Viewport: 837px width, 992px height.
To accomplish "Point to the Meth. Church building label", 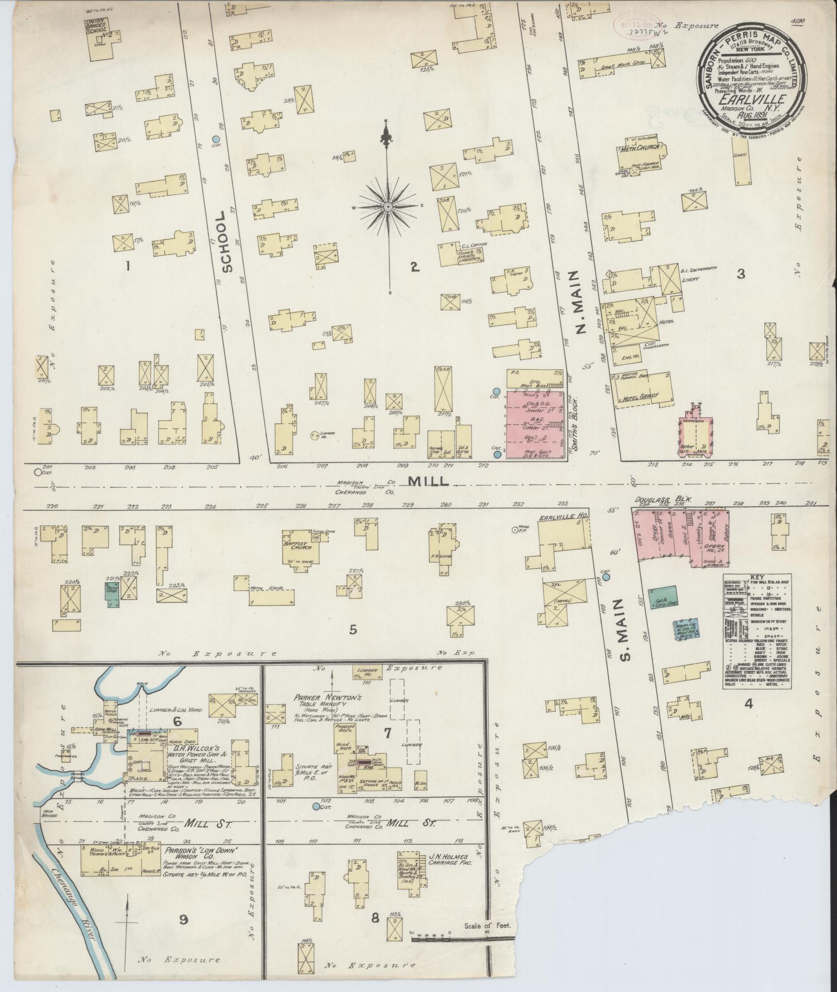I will point(639,149).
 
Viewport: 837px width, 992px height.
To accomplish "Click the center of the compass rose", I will point(387,207).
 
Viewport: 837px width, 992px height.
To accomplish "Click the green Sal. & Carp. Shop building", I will point(663,597).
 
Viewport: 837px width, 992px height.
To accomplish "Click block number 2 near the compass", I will point(414,267).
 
